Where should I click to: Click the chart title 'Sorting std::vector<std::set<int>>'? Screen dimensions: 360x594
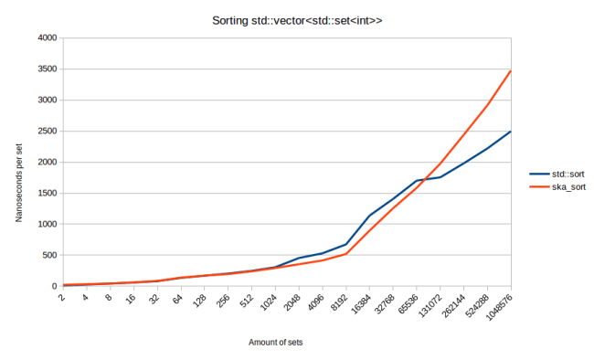pyautogui.click(x=296, y=19)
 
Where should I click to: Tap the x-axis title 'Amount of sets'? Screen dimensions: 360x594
pyautogui.click(x=276, y=343)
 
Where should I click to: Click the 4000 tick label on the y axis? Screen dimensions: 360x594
pyautogui.click(x=45, y=38)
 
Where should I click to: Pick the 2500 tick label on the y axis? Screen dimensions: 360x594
pyautogui.click(x=45, y=132)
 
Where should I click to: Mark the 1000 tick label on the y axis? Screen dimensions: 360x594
pyautogui.click(x=45, y=225)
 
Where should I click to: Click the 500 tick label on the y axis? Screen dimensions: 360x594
pyautogui.click(x=48, y=256)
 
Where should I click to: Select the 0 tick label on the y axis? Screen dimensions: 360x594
pyautogui.click(x=53, y=287)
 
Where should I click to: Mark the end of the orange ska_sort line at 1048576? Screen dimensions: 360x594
pyautogui.click(x=511, y=70)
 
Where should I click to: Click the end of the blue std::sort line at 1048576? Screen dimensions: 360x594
pyautogui.click(x=511, y=132)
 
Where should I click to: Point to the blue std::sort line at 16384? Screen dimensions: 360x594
pyautogui.click(x=369, y=216)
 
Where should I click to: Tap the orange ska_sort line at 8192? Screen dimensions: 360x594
pyautogui.click(x=345, y=254)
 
